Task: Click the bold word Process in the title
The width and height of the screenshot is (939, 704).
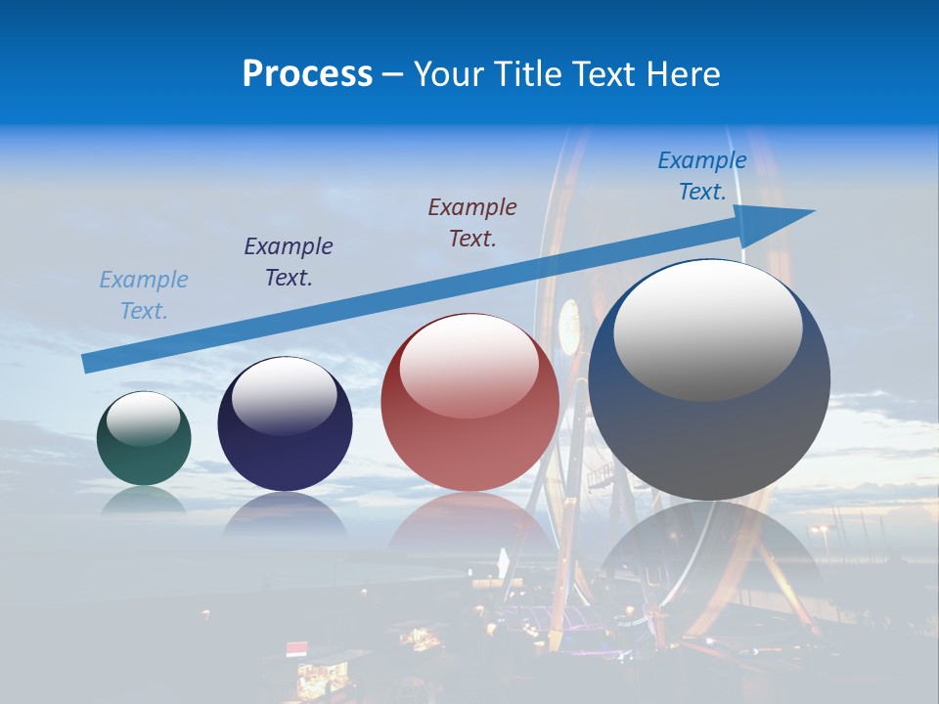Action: pyautogui.click(x=307, y=74)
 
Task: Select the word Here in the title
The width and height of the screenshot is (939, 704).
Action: pyautogui.click(x=683, y=74)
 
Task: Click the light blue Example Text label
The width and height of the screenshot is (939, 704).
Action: pyautogui.click(x=144, y=295)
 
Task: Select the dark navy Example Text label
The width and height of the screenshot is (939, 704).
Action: pyautogui.click(x=289, y=261)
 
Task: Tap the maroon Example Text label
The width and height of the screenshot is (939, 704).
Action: pyautogui.click(x=472, y=222)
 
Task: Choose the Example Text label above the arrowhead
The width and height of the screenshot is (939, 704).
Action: pyautogui.click(x=702, y=176)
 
